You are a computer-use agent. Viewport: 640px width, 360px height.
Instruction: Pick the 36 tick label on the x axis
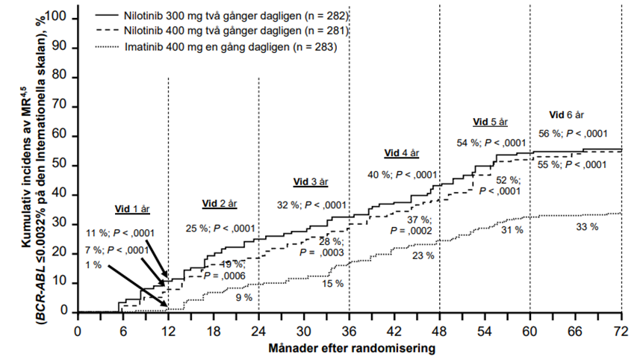[349, 331]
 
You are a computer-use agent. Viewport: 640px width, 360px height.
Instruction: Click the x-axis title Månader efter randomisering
[349, 347]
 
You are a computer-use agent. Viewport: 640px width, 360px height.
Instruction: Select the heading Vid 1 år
[128, 208]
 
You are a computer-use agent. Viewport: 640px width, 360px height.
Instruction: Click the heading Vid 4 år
[402, 152]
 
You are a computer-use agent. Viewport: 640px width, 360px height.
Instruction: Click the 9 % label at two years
[243, 297]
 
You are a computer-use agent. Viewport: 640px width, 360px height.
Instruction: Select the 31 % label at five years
[512, 229]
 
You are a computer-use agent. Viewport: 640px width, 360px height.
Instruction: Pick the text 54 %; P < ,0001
[491, 142]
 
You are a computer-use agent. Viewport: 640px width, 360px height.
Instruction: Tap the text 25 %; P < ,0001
[220, 228]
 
